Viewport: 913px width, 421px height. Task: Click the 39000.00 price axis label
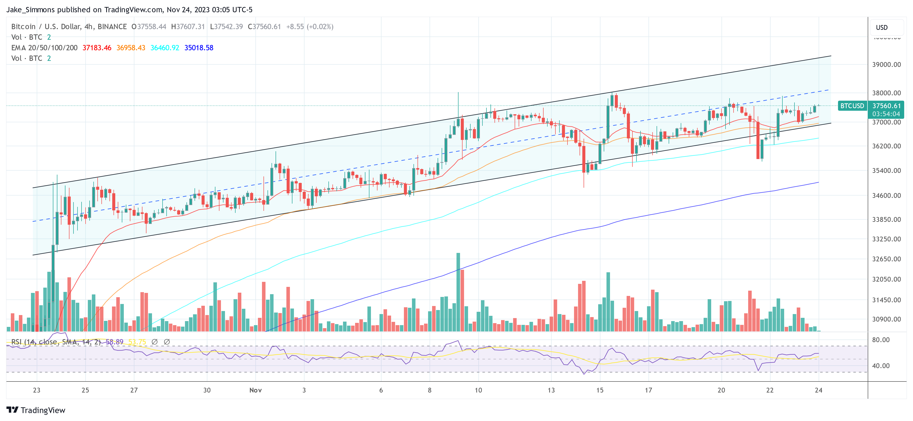click(886, 64)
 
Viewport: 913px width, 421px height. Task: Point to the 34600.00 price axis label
click(886, 196)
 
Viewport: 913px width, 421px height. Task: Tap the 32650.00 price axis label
click(886, 259)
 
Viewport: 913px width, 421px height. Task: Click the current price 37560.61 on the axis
click(886, 106)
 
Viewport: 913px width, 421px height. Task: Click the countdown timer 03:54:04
click(886, 114)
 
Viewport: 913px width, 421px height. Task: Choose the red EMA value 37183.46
click(97, 48)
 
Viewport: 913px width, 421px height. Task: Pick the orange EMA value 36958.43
click(131, 48)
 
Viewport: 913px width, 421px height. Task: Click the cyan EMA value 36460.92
click(165, 48)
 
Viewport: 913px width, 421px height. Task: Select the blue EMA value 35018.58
click(199, 48)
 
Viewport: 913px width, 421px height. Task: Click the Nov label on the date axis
click(255, 390)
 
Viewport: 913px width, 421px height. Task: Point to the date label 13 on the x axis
click(551, 390)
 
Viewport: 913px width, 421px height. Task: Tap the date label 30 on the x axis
click(207, 390)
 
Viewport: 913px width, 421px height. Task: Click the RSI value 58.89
click(115, 342)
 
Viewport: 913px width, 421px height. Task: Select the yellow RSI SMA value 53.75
click(137, 342)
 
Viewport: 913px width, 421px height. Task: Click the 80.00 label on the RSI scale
click(881, 340)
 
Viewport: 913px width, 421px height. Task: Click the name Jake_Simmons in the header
click(30, 10)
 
